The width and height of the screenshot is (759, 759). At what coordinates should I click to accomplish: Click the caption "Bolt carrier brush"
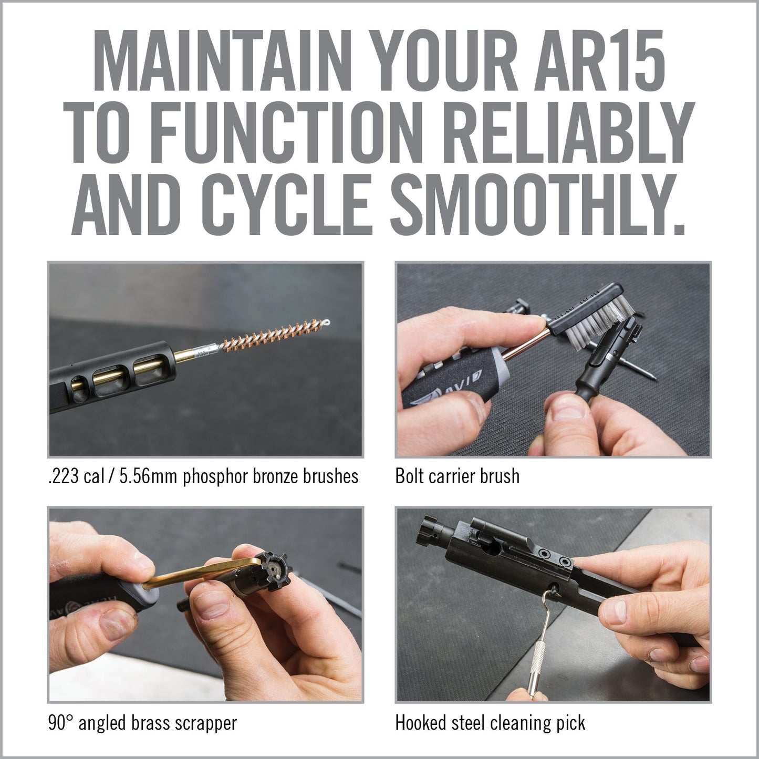pos(457,476)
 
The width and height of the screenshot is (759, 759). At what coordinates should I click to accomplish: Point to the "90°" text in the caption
pos(60,723)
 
